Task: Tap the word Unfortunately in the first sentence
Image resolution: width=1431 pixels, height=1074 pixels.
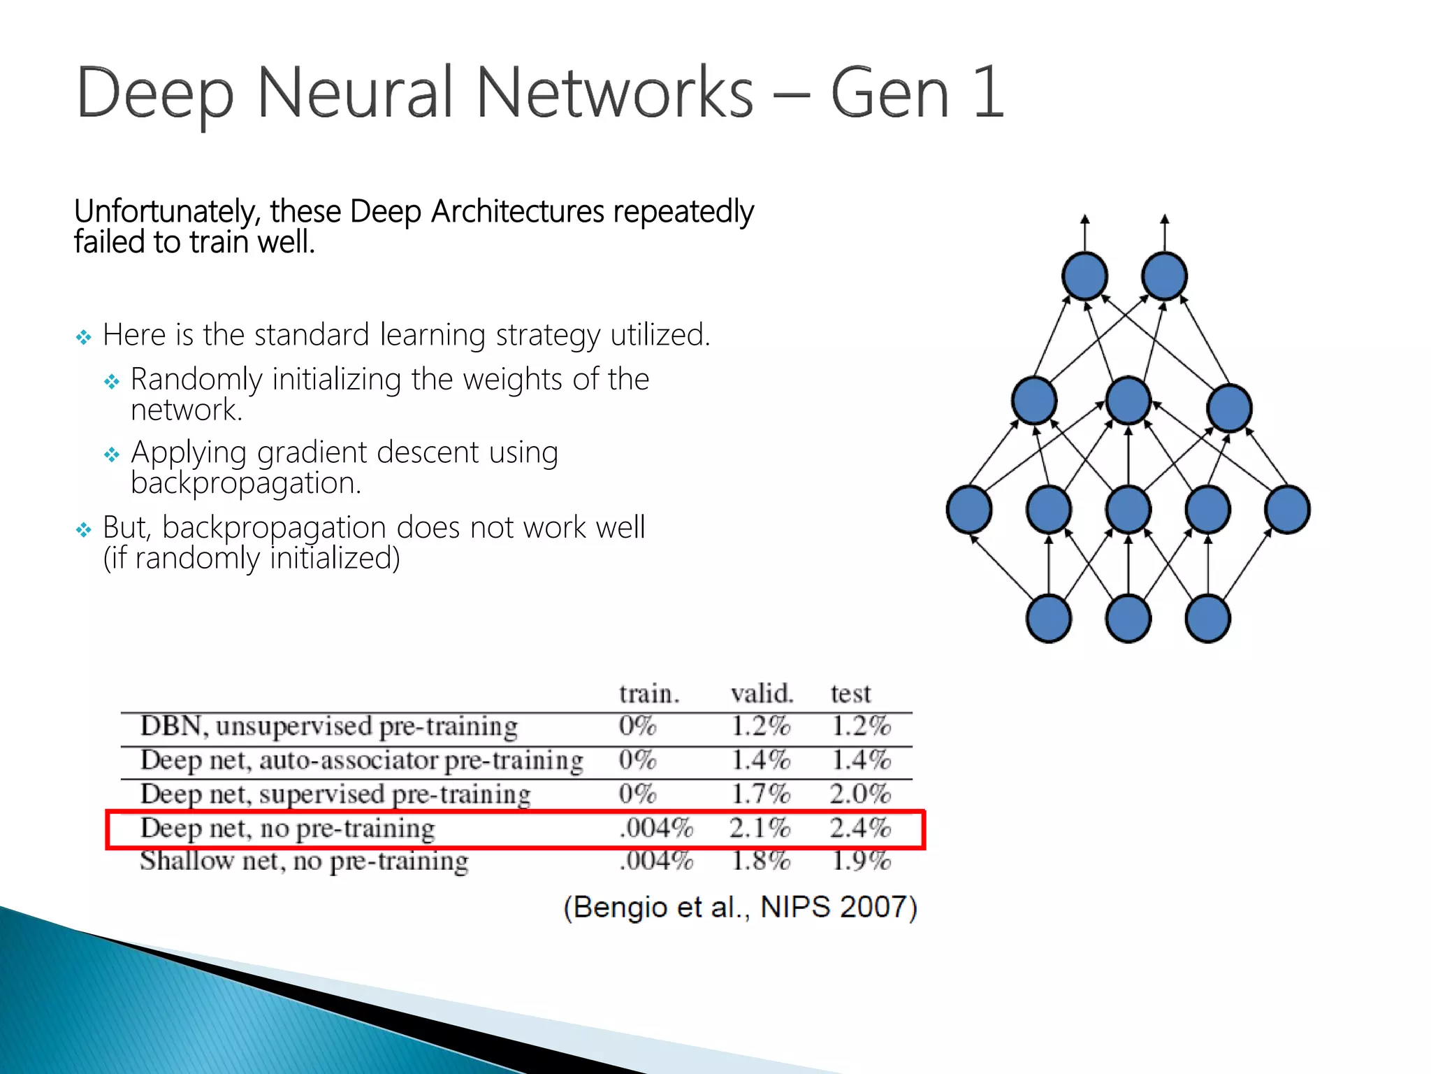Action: tap(168, 212)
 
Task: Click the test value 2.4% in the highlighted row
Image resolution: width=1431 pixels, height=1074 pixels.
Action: tap(860, 828)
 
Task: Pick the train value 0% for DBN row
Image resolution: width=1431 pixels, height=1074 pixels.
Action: tap(637, 726)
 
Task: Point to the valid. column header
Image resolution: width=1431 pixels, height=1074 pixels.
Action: tap(762, 694)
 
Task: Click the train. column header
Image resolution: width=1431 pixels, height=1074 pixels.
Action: tap(648, 694)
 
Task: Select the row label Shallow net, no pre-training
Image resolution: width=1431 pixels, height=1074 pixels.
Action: tap(304, 861)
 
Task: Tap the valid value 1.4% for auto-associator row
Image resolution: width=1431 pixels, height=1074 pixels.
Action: tap(760, 760)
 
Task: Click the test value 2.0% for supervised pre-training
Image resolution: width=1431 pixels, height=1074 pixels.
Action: tap(860, 794)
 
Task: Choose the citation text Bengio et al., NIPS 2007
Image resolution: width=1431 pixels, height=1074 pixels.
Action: tap(740, 908)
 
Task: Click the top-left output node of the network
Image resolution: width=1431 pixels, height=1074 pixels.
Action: tap(1084, 276)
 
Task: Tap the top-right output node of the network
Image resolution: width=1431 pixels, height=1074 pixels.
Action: tap(1164, 276)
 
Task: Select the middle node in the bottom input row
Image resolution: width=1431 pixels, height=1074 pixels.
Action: tap(1128, 619)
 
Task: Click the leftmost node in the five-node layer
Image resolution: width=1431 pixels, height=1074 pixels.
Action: tap(969, 510)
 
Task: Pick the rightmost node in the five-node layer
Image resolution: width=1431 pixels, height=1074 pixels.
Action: tap(1287, 510)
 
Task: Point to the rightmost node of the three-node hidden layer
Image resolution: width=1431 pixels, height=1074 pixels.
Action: tap(1229, 408)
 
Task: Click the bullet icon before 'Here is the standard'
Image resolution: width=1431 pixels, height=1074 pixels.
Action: tap(84, 338)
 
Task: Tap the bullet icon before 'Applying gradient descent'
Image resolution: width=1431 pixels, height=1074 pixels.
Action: tap(112, 455)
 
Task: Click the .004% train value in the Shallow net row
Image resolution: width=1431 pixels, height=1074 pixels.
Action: tap(655, 861)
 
